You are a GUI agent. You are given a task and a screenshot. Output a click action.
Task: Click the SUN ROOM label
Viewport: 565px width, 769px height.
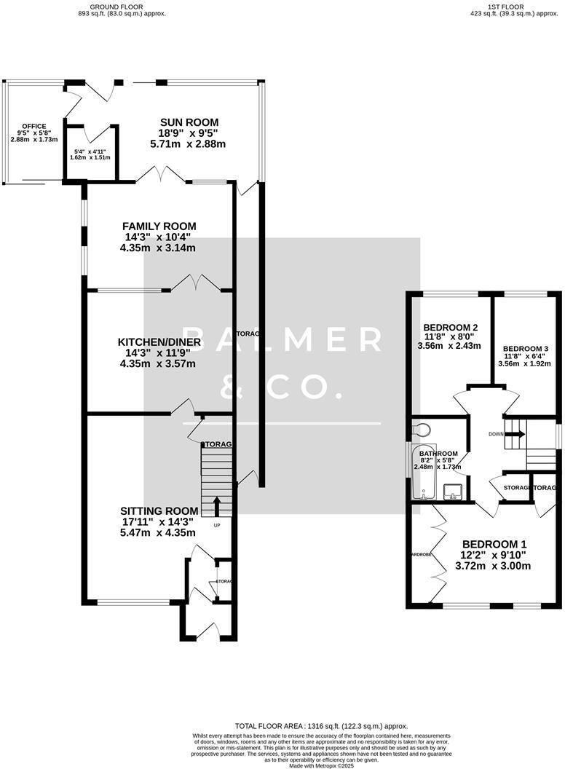(x=189, y=122)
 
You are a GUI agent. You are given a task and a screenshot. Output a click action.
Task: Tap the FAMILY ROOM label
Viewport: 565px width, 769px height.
(x=159, y=226)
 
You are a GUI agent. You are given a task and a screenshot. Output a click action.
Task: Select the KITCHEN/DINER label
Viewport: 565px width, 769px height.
(x=159, y=342)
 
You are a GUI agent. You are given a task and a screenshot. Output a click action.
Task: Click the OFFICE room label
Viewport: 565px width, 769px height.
(x=34, y=126)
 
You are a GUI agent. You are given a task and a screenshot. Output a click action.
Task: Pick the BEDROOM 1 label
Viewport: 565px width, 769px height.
(x=495, y=544)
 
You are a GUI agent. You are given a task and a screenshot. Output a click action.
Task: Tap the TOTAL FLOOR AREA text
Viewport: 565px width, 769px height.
(x=321, y=726)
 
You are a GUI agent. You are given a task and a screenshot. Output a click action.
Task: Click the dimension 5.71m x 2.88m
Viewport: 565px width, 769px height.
(x=189, y=144)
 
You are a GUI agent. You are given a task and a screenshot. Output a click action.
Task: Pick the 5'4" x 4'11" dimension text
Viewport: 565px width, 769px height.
(x=90, y=153)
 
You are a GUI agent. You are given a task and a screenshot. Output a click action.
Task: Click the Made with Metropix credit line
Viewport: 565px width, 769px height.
(x=321, y=765)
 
